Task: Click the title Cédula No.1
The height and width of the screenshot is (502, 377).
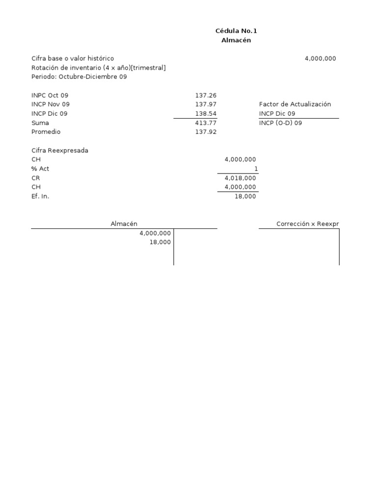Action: [x=236, y=31]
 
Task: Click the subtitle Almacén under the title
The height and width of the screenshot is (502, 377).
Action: [x=236, y=40]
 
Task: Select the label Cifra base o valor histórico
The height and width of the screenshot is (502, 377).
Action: [x=73, y=58]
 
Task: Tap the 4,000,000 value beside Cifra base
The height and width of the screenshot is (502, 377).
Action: [x=320, y=58]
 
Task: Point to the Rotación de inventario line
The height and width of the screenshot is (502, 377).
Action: [x=98, y=68]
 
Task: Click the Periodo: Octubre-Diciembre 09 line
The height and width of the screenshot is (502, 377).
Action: [x=79, y=77]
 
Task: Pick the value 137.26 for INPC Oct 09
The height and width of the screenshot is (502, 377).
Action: [x=206, y=95]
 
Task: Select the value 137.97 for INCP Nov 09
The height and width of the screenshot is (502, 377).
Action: [x=206, y=104]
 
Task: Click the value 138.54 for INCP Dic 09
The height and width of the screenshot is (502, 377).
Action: [x=206, y=114]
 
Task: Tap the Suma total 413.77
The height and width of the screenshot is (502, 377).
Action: [x=206, y=123]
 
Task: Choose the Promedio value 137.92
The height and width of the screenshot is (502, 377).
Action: [x=206, y=132]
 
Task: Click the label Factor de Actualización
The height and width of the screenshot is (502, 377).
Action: [x=295, y=104]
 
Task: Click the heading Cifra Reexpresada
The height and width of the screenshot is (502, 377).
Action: [x=60, y=151]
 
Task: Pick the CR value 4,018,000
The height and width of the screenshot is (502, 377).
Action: [x=240, y=178]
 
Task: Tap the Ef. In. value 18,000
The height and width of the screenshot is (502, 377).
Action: [x=244, y=197]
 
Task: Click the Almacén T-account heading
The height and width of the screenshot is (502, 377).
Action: [x=124, y=224]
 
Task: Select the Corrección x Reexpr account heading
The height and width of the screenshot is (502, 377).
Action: [x=307, y=224]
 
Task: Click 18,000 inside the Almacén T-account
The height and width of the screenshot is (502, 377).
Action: [x=160, y=242]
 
